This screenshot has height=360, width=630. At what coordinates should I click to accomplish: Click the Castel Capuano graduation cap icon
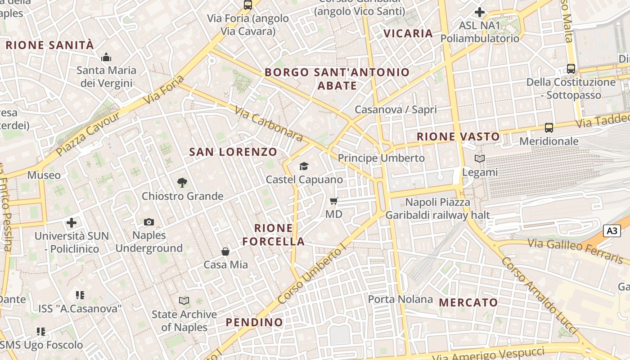[x=304, y=166]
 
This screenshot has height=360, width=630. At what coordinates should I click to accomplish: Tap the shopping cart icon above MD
[x=333, y=201]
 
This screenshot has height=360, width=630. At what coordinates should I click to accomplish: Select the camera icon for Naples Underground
[x=149, y=222]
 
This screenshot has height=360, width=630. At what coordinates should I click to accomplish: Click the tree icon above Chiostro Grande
[x=182, y=183]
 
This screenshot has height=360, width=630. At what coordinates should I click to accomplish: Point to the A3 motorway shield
[x=612, y=231]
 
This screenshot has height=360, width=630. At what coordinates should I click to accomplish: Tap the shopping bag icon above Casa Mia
[x=225, y=252]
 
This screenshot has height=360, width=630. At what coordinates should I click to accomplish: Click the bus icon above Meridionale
[x=549, y=128]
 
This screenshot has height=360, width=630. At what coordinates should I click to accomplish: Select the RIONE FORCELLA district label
[x=274, y=234]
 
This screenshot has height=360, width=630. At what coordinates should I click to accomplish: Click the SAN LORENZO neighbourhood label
[x=233, y=152]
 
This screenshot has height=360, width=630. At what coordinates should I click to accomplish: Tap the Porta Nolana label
[x=400, y=299]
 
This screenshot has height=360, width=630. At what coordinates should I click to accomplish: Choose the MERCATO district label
[x=468, y=302]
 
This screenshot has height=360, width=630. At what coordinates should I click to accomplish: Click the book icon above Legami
[x=480, y=158]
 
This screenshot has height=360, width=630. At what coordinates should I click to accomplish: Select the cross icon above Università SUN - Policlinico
[x=72, y=223]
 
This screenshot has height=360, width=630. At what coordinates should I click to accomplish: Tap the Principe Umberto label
[x=381, y=158]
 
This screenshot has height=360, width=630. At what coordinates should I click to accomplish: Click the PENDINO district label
[x=254, y=322]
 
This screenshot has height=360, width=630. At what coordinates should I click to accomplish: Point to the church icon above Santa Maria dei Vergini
[x=106, y=57]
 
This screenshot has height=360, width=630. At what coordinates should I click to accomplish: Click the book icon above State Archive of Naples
[x=184, y=301]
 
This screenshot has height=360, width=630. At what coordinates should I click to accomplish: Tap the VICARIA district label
[x=408, y=33]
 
